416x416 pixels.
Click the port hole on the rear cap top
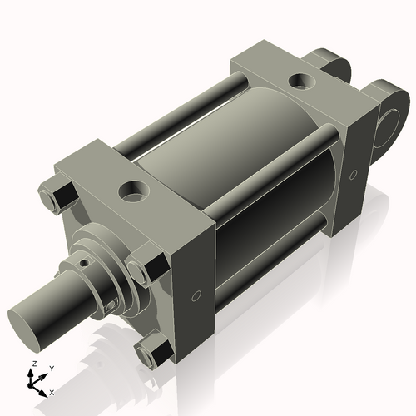[300, 82]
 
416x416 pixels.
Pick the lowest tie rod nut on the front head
[149, 355]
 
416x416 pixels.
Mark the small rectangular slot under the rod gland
[110, 309]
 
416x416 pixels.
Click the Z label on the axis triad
[32, 365]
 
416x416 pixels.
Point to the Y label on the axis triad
[51, 367]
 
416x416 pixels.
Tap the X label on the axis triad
[52, 391]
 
